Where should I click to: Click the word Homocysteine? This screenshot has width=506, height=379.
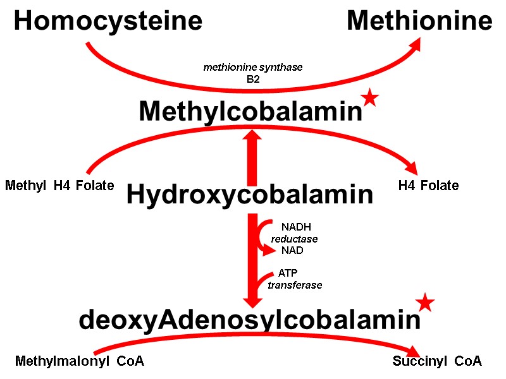(108, 22)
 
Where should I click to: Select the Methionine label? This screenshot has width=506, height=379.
(419, 22)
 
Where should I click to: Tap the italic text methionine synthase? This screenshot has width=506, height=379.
(253, 67)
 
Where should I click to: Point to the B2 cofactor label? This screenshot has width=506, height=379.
(253, 79)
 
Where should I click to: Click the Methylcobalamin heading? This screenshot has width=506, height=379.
(250, 112)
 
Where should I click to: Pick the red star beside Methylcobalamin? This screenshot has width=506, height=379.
(370, 99)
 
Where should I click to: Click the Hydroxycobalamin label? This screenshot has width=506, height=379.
(250, 195)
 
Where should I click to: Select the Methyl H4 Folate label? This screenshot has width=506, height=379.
(59, 186)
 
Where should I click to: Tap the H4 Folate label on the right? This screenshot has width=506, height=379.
(428, 186)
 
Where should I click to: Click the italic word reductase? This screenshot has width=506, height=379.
(294, 239)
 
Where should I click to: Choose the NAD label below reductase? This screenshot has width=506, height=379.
(292, 250)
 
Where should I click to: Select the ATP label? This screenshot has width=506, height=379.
(288, 274)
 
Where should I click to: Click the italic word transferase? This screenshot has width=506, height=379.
(295, 286)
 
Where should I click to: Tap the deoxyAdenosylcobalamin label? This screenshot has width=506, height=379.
(249, 320)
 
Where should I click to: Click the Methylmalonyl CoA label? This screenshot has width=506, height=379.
(80, 362)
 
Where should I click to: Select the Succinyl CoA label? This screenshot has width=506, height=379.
(437, 361)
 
